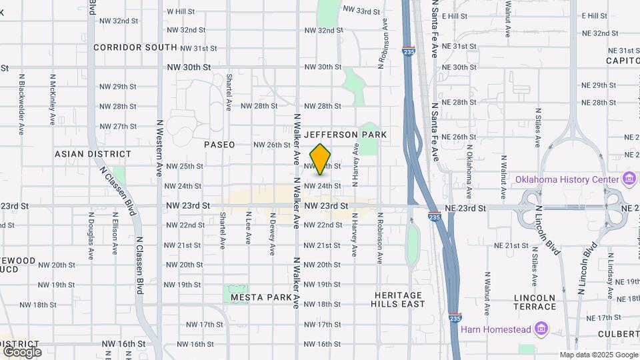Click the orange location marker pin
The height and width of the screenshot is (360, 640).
tap(321, 159)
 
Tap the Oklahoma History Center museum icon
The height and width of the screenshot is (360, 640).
tap(628, 179)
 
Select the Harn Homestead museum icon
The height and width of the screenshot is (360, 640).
tap(541, 329)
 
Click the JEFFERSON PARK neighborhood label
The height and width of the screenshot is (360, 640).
tap(346, 135)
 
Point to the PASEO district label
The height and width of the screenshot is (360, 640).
tap(219, 145)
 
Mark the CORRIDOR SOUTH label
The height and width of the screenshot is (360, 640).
tap(135, 47)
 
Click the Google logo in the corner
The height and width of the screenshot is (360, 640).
tap(21, 351)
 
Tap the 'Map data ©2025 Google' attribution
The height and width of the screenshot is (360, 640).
tap(598, 355)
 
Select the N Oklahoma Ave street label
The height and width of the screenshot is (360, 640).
tap(469, 172)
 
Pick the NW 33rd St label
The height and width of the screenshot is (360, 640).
tap(361, 11)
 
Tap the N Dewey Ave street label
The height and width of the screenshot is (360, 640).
tap(272, 239)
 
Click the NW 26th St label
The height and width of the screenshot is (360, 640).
tap(272, 145)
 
